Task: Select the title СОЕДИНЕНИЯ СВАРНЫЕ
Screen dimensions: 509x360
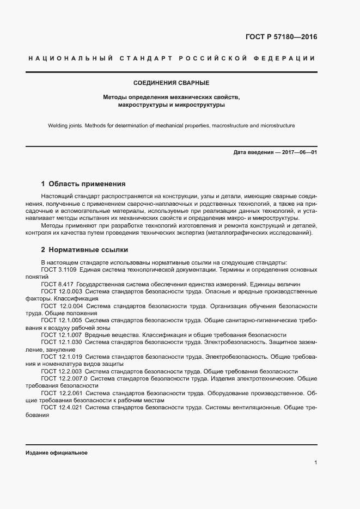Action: (x=171, y=83)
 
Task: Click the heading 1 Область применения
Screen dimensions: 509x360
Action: (x=83, y=184)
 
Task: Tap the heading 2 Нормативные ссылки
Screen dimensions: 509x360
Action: (x=84, y=250)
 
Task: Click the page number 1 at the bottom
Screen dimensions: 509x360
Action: (x=315, y=462)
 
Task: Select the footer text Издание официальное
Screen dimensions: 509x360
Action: (x=56, y=453)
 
